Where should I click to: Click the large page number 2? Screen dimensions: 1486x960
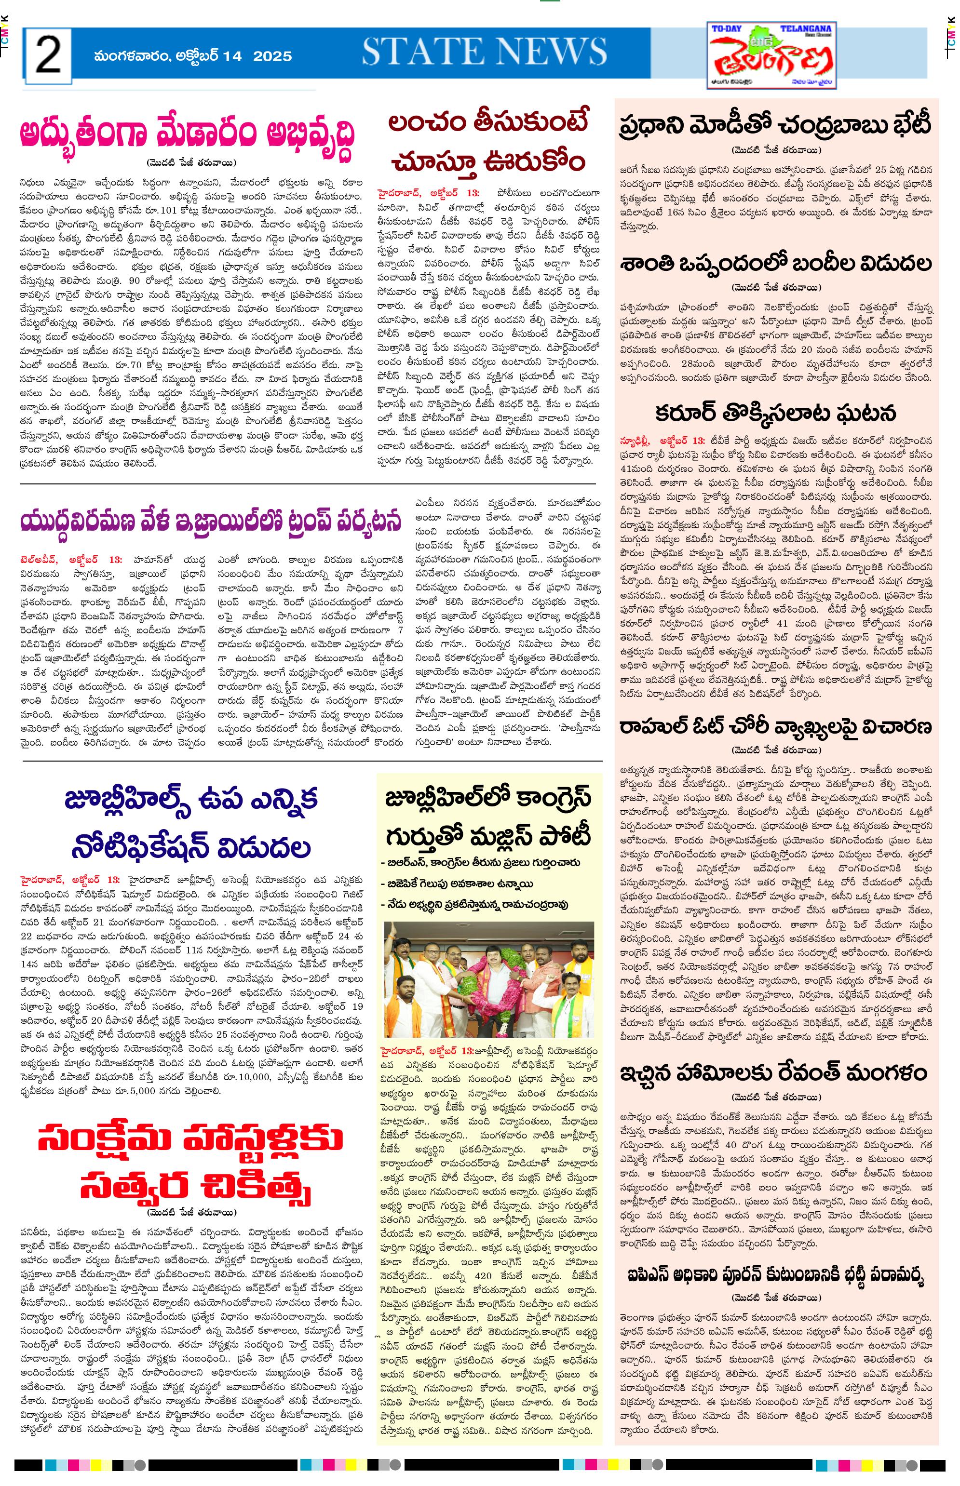click(x=48, y=55)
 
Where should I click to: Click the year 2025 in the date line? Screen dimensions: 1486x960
click(x=272, y=56)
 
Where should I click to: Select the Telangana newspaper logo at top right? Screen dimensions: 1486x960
click(x=773, y=56)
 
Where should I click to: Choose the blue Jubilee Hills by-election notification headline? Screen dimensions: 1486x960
click(x=191, y=824)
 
